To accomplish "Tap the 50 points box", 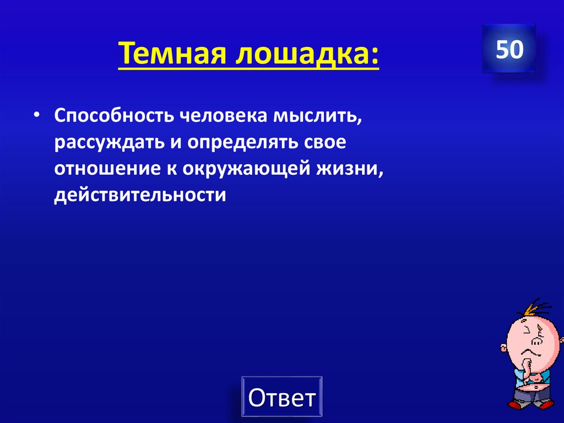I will pyautogui.click(x=509, y=50).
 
